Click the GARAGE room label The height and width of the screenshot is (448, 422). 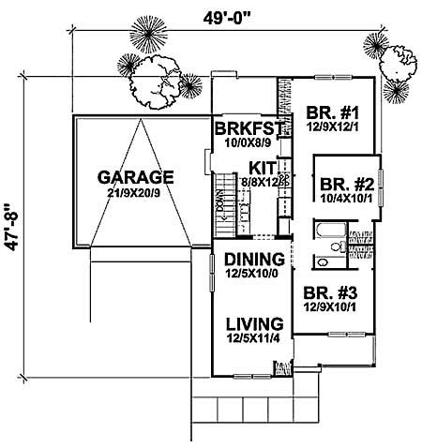135,176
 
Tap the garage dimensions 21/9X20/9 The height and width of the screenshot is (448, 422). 135,192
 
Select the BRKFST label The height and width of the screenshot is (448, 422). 242,128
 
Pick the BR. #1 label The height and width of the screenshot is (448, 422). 330,114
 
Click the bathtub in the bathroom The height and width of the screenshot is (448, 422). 328,232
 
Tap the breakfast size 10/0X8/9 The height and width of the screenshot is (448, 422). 242,143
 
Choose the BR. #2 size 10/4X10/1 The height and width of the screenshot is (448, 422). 343,199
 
